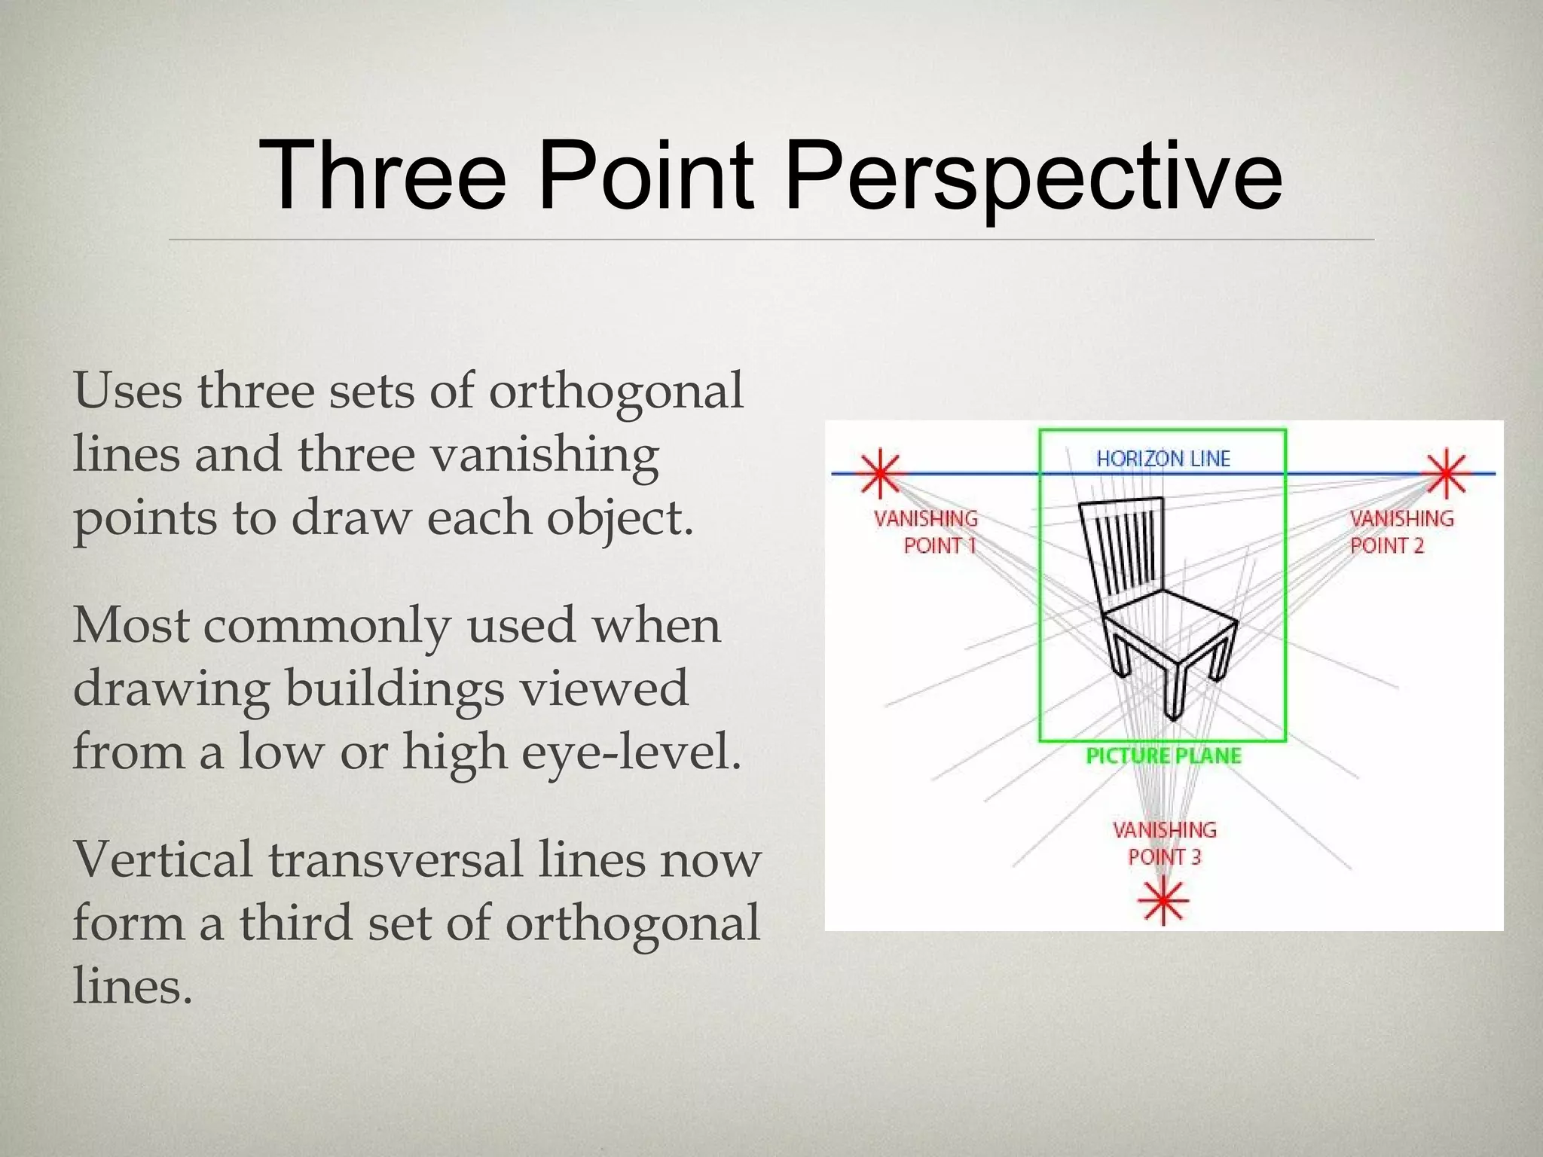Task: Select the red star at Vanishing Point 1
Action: (879, 475)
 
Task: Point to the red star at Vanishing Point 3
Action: (1163, 900)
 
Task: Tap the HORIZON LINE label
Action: (1163, 459)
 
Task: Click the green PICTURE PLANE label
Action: (1163, 756)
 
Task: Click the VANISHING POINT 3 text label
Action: (1164, 843)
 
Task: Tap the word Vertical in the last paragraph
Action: (162, 859)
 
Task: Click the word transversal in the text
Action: (395, 859)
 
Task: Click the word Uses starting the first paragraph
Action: (127, 391)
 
